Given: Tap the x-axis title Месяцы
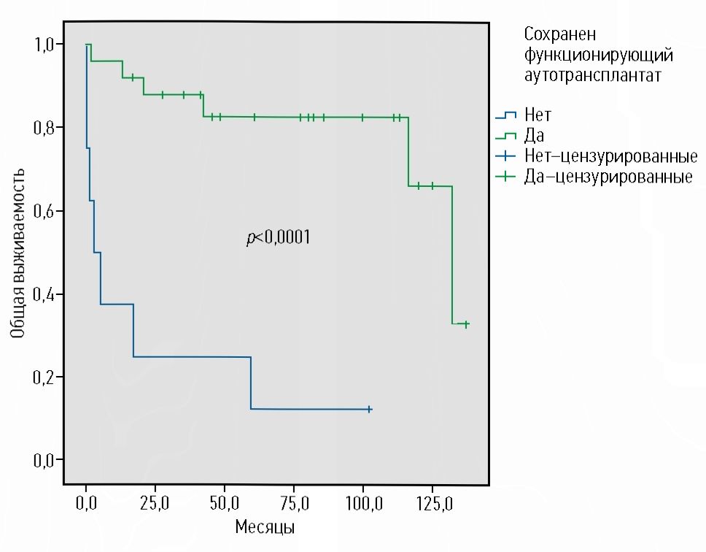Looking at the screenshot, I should tap(264, 526).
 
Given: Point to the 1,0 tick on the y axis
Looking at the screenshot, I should tap(43, 45).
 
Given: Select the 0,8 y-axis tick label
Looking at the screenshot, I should tap(43, 128).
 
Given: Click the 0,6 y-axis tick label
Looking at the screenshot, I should tap(43, 211).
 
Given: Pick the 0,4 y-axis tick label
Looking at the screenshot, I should tap(43, 294).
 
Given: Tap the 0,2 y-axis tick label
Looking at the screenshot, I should tap(43, 377).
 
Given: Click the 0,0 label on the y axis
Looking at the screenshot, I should tap(43, 460).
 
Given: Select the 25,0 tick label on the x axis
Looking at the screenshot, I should tap(155, 503).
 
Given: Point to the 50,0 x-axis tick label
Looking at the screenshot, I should tap(224, 503).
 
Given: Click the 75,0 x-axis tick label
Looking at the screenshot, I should tap(293, 503).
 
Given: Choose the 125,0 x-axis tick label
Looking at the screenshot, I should tap(432, 503).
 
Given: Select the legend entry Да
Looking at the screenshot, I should tap(533, 136).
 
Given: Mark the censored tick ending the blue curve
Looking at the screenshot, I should tap(370, 410).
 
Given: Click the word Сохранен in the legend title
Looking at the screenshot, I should tap(559, 34).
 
